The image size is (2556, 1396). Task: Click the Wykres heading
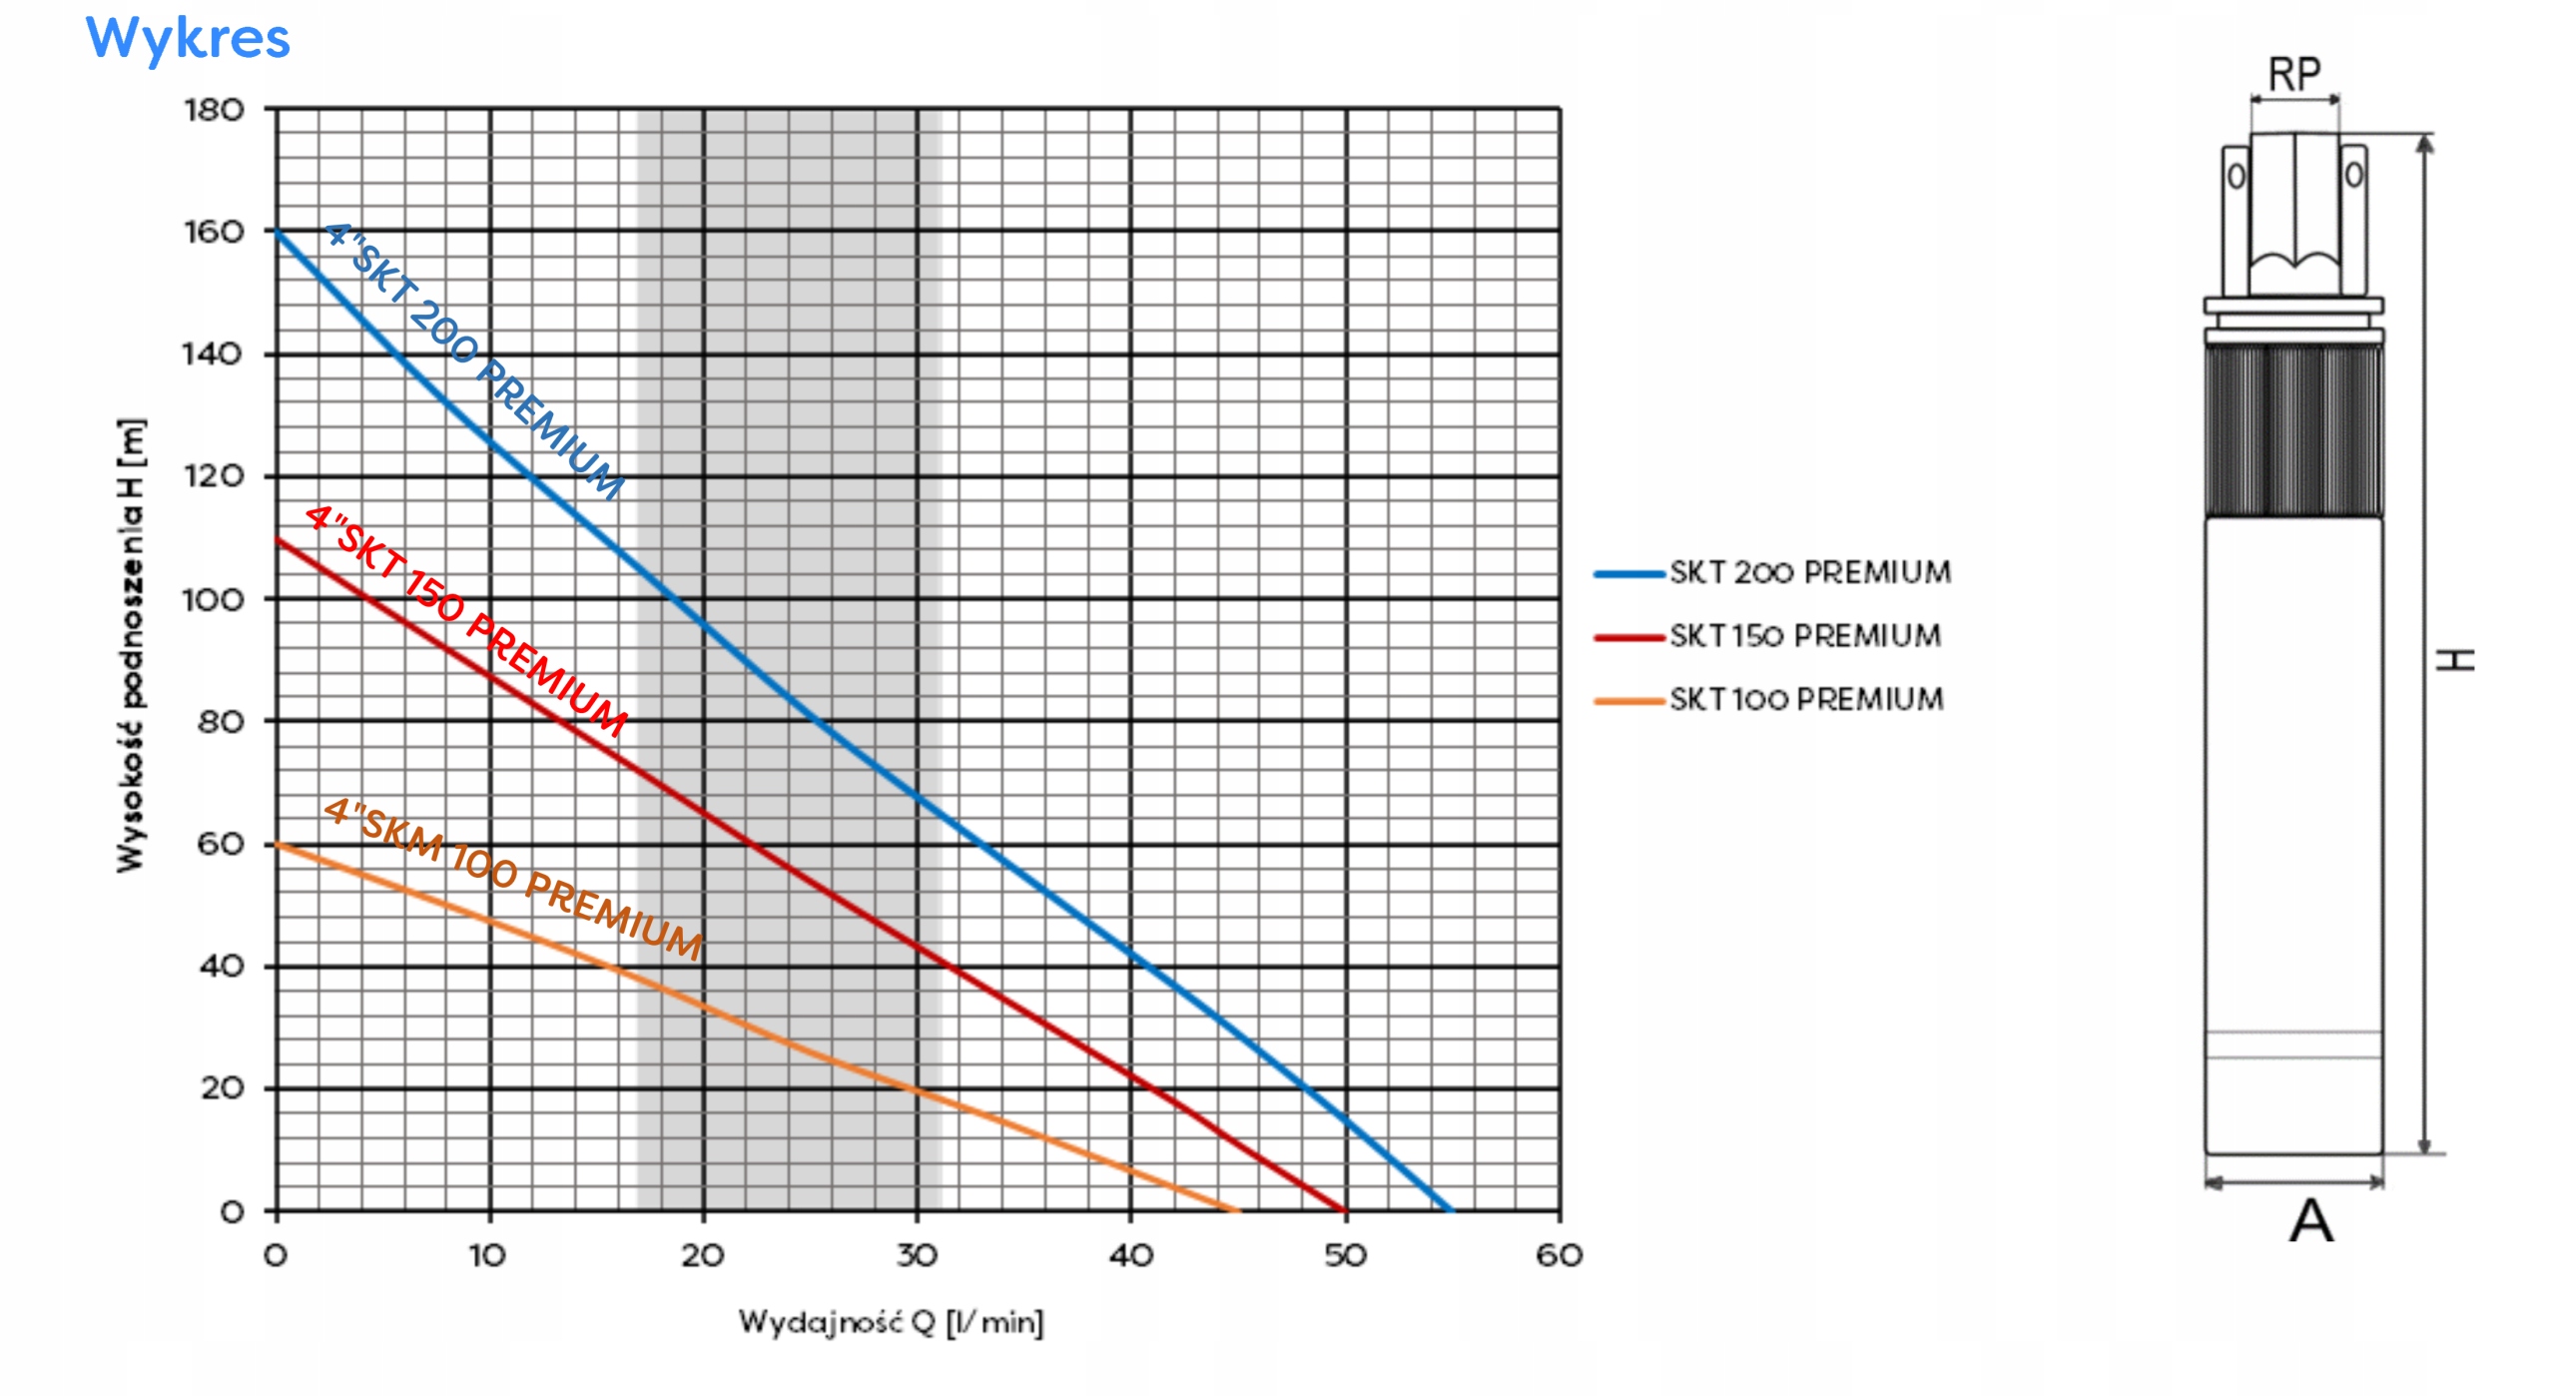[188, 39]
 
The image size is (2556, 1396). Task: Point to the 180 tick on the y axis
[214, 110]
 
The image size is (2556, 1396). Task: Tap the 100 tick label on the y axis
[213, 600]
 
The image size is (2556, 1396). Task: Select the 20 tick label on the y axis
[222, 1088]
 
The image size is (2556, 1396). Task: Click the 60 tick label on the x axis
[1559, 1255]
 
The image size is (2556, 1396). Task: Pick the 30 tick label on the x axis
[917, 1255]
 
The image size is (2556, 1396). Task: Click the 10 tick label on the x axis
[488, 1255]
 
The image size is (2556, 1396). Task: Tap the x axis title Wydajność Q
[891, 1323]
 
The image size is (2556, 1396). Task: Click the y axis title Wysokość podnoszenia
[131, 645]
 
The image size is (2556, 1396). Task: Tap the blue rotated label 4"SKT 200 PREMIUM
[474, 360]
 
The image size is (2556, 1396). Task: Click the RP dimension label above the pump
[2294, 75]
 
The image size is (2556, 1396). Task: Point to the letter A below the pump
[2311, 1221]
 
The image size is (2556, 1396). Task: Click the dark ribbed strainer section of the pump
[2293, 430]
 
